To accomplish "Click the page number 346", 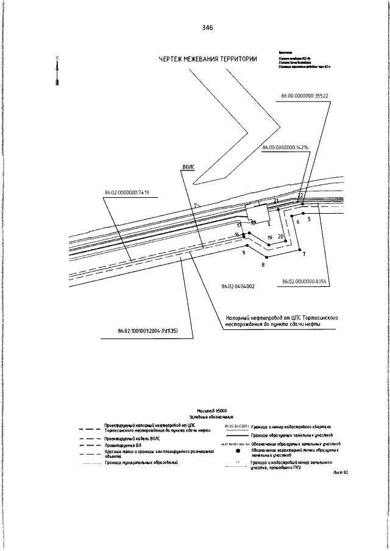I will [207, 28].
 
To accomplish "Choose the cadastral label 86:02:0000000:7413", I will [127, 193].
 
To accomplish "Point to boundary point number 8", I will [263, 265].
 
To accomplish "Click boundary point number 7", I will [303, 253].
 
